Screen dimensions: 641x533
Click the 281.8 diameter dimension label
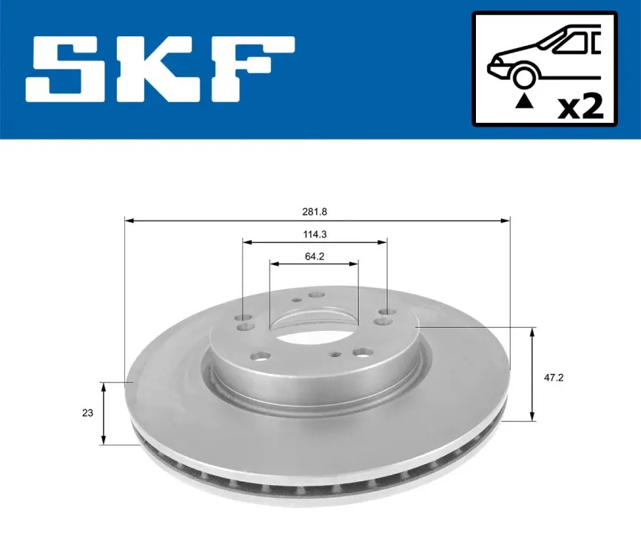click(x=315, y=212)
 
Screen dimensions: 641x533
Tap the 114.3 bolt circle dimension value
click(x=315, y=234)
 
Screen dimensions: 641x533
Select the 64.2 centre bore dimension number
click(x=315, y=256)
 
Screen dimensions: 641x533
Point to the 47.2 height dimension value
click(x=554, y=378)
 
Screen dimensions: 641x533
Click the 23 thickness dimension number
click(x=87, y=413)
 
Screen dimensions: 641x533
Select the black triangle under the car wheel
click(x=525, y=101)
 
